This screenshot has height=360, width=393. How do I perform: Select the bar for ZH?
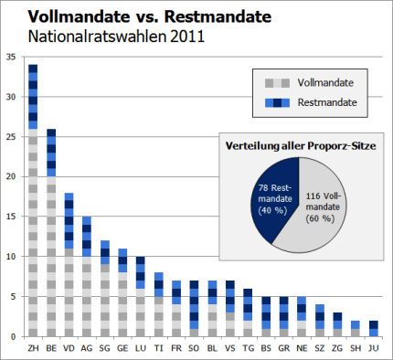pyautogui.click(x=33, y=201)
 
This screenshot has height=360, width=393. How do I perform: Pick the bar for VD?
pyautogui.click(x=69, y=265)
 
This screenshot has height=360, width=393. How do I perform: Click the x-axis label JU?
pyautogui.click(x=372, y=348)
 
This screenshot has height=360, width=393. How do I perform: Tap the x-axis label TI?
pyautogui.click(x=158, y=348)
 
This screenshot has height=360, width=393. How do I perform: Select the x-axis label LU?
pyautogui.click(x=140, y=348)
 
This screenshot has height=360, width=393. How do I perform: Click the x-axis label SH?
pyautogui.click(x=354, y=348)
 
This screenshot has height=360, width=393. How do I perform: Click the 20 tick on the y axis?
pyautogui.click(x=10, y=176)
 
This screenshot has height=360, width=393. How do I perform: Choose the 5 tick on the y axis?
pyautogui.click(x=12, y=296)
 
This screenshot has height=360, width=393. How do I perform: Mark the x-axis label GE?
pyautogui.click(x=122, y=348)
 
